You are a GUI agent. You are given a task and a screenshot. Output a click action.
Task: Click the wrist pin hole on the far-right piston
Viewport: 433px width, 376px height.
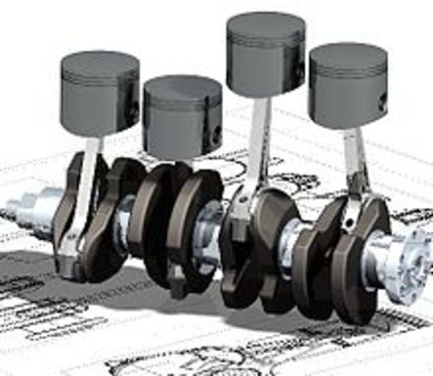382,101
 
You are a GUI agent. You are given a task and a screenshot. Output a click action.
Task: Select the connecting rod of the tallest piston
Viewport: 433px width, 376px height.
256,149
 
